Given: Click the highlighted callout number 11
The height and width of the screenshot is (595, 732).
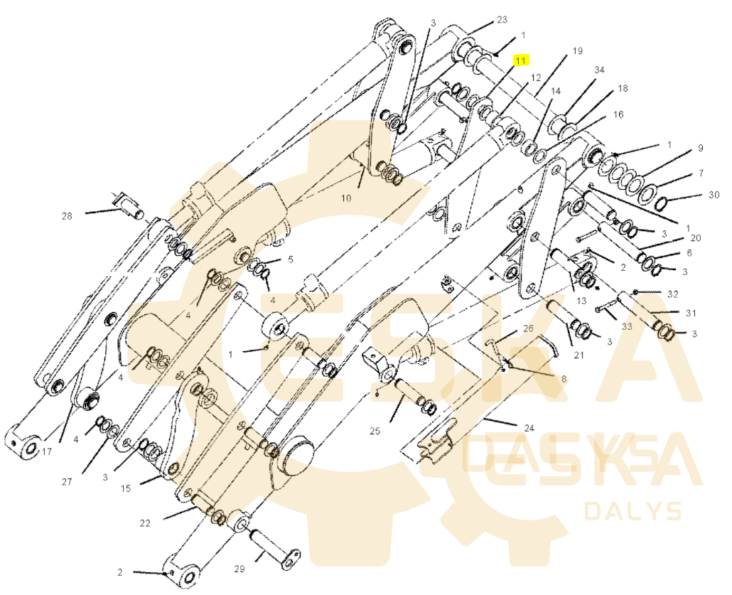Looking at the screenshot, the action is point(520,60).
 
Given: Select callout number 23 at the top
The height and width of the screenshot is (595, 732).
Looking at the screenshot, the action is point(502,20).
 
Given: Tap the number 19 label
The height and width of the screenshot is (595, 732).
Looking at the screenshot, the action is point(578,50).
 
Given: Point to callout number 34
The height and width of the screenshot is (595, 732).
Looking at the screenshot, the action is point(599,70).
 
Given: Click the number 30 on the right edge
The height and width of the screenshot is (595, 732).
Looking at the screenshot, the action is point(714,195).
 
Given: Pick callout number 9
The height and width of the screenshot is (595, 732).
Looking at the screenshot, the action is point(700,148).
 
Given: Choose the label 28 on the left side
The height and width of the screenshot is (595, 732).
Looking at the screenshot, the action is point(68,216).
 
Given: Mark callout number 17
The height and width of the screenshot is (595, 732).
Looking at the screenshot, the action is point(47,451).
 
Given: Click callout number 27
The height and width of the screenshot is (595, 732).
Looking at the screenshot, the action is point(68,481).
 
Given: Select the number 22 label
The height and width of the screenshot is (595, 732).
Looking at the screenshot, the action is point(145,523).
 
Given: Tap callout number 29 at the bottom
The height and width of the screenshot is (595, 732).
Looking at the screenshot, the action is point(239,569).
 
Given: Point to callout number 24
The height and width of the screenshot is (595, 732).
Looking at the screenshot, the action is point(529,428).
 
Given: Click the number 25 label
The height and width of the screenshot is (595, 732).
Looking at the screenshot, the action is point(375,431).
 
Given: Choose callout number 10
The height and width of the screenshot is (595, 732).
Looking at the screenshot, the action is point(346,198).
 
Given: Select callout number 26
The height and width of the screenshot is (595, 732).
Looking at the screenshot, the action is point(528,328).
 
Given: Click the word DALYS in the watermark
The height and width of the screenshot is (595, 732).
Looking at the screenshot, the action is point(633,511).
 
